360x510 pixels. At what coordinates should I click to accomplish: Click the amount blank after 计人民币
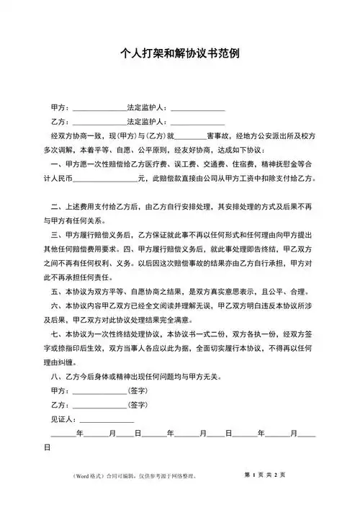click(104, 177)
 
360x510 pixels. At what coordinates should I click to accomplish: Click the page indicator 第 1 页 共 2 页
click(265, 475)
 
